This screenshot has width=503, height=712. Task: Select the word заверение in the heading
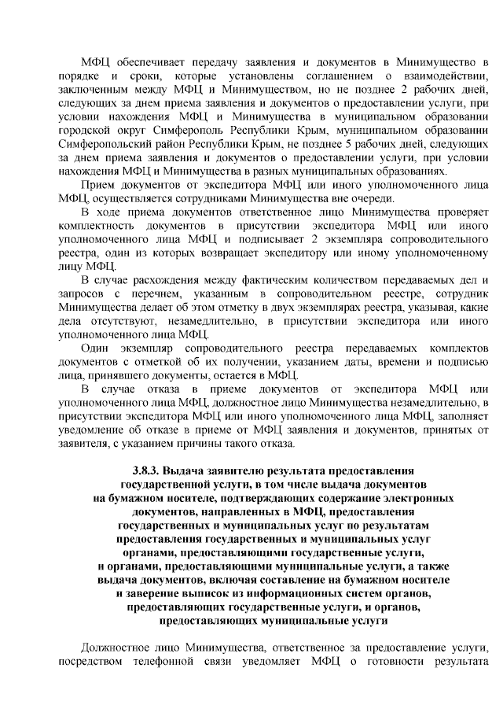[x=152, y=593]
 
